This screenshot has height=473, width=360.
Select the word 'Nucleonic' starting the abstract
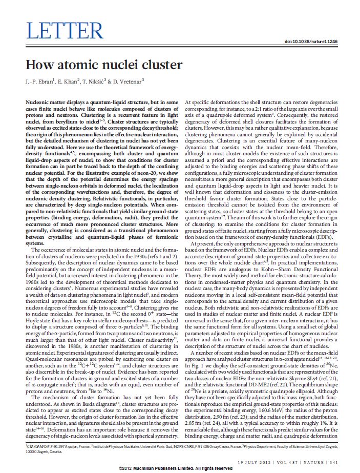39,104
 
